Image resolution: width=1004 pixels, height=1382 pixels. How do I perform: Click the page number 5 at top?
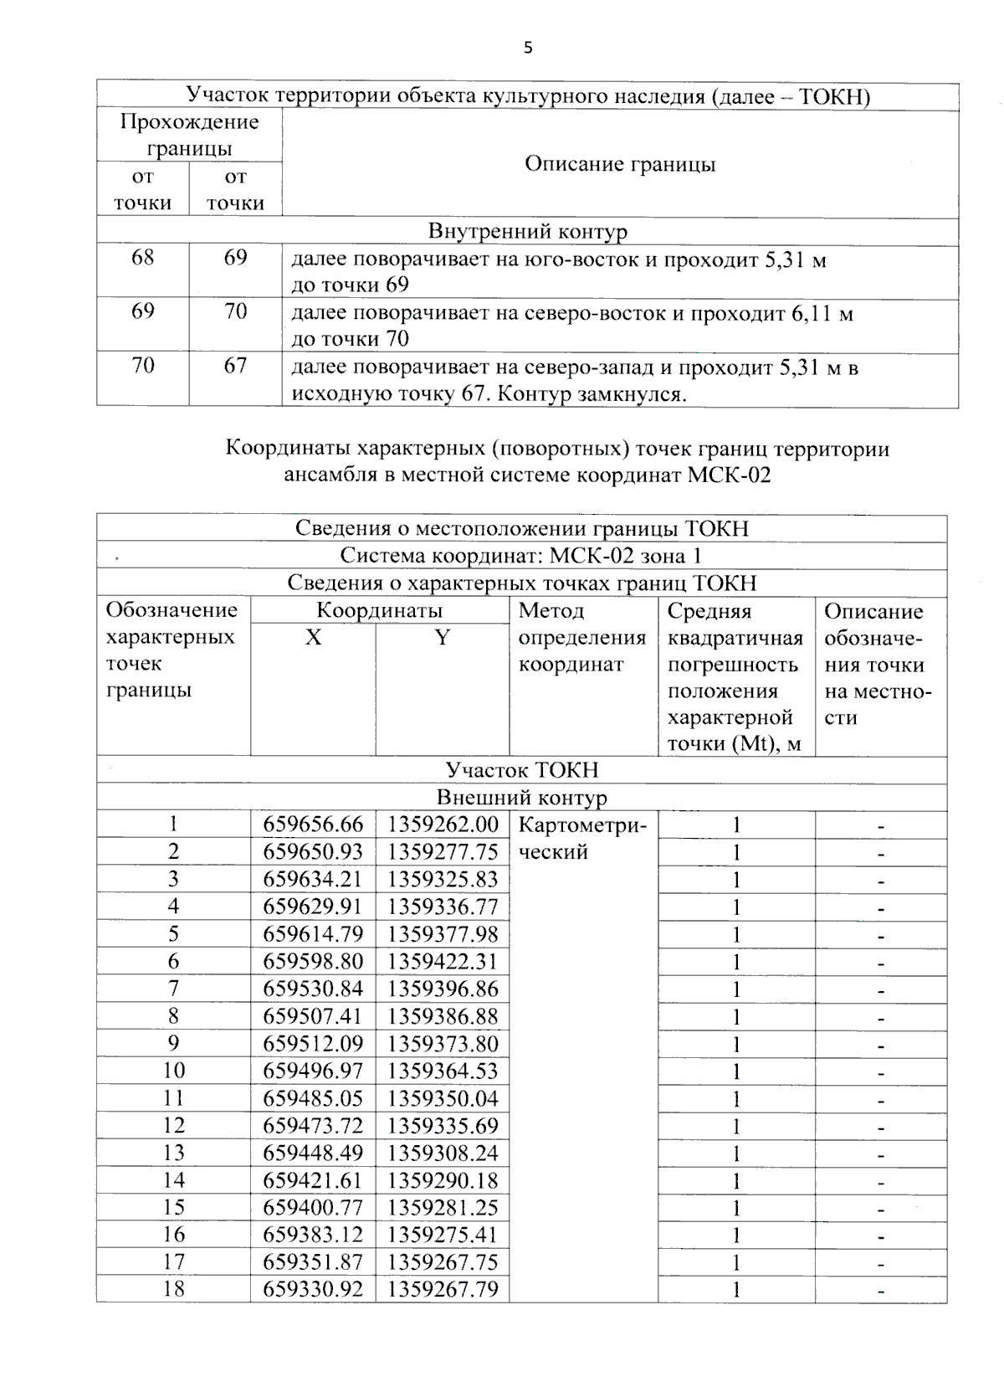[x=527, y=48]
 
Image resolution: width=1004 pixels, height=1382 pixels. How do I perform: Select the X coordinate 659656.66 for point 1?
[x=313, y=825]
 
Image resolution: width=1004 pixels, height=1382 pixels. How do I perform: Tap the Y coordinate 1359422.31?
[x=442, y=962]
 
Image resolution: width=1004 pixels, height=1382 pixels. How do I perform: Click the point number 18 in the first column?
[x=173, y=1289]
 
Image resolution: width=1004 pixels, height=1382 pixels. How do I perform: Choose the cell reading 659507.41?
[x=313, y=1017]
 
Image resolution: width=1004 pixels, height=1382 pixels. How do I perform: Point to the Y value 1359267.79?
[x=442, y=1289]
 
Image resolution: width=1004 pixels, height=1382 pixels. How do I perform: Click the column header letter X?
[x=313, y=638]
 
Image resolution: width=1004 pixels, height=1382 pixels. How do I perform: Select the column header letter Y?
[x=442, y=638]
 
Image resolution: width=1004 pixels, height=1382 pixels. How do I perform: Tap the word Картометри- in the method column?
[x=582, y=826]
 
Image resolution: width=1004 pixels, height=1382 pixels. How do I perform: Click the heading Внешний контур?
[x=521, y=798]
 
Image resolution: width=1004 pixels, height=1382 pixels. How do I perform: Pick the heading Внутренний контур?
[x=527, y=232]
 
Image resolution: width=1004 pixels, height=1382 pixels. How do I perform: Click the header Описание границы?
[x=620, y=164]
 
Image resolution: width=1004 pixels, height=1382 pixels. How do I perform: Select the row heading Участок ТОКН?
[x=521, y=770]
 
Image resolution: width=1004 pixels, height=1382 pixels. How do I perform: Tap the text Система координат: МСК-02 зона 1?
[x=520, y=556]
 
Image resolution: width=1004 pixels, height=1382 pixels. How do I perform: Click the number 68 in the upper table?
[x=143, y=258]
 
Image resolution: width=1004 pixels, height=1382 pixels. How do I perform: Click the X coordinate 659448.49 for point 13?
[x=313, y=1153]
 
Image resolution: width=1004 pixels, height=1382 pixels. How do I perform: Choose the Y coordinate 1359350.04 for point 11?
[x=442, y=1099]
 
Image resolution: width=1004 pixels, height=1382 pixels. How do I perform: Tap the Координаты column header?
[x=379, y=611]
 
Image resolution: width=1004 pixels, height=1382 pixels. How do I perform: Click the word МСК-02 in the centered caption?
[x=729, y=476]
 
